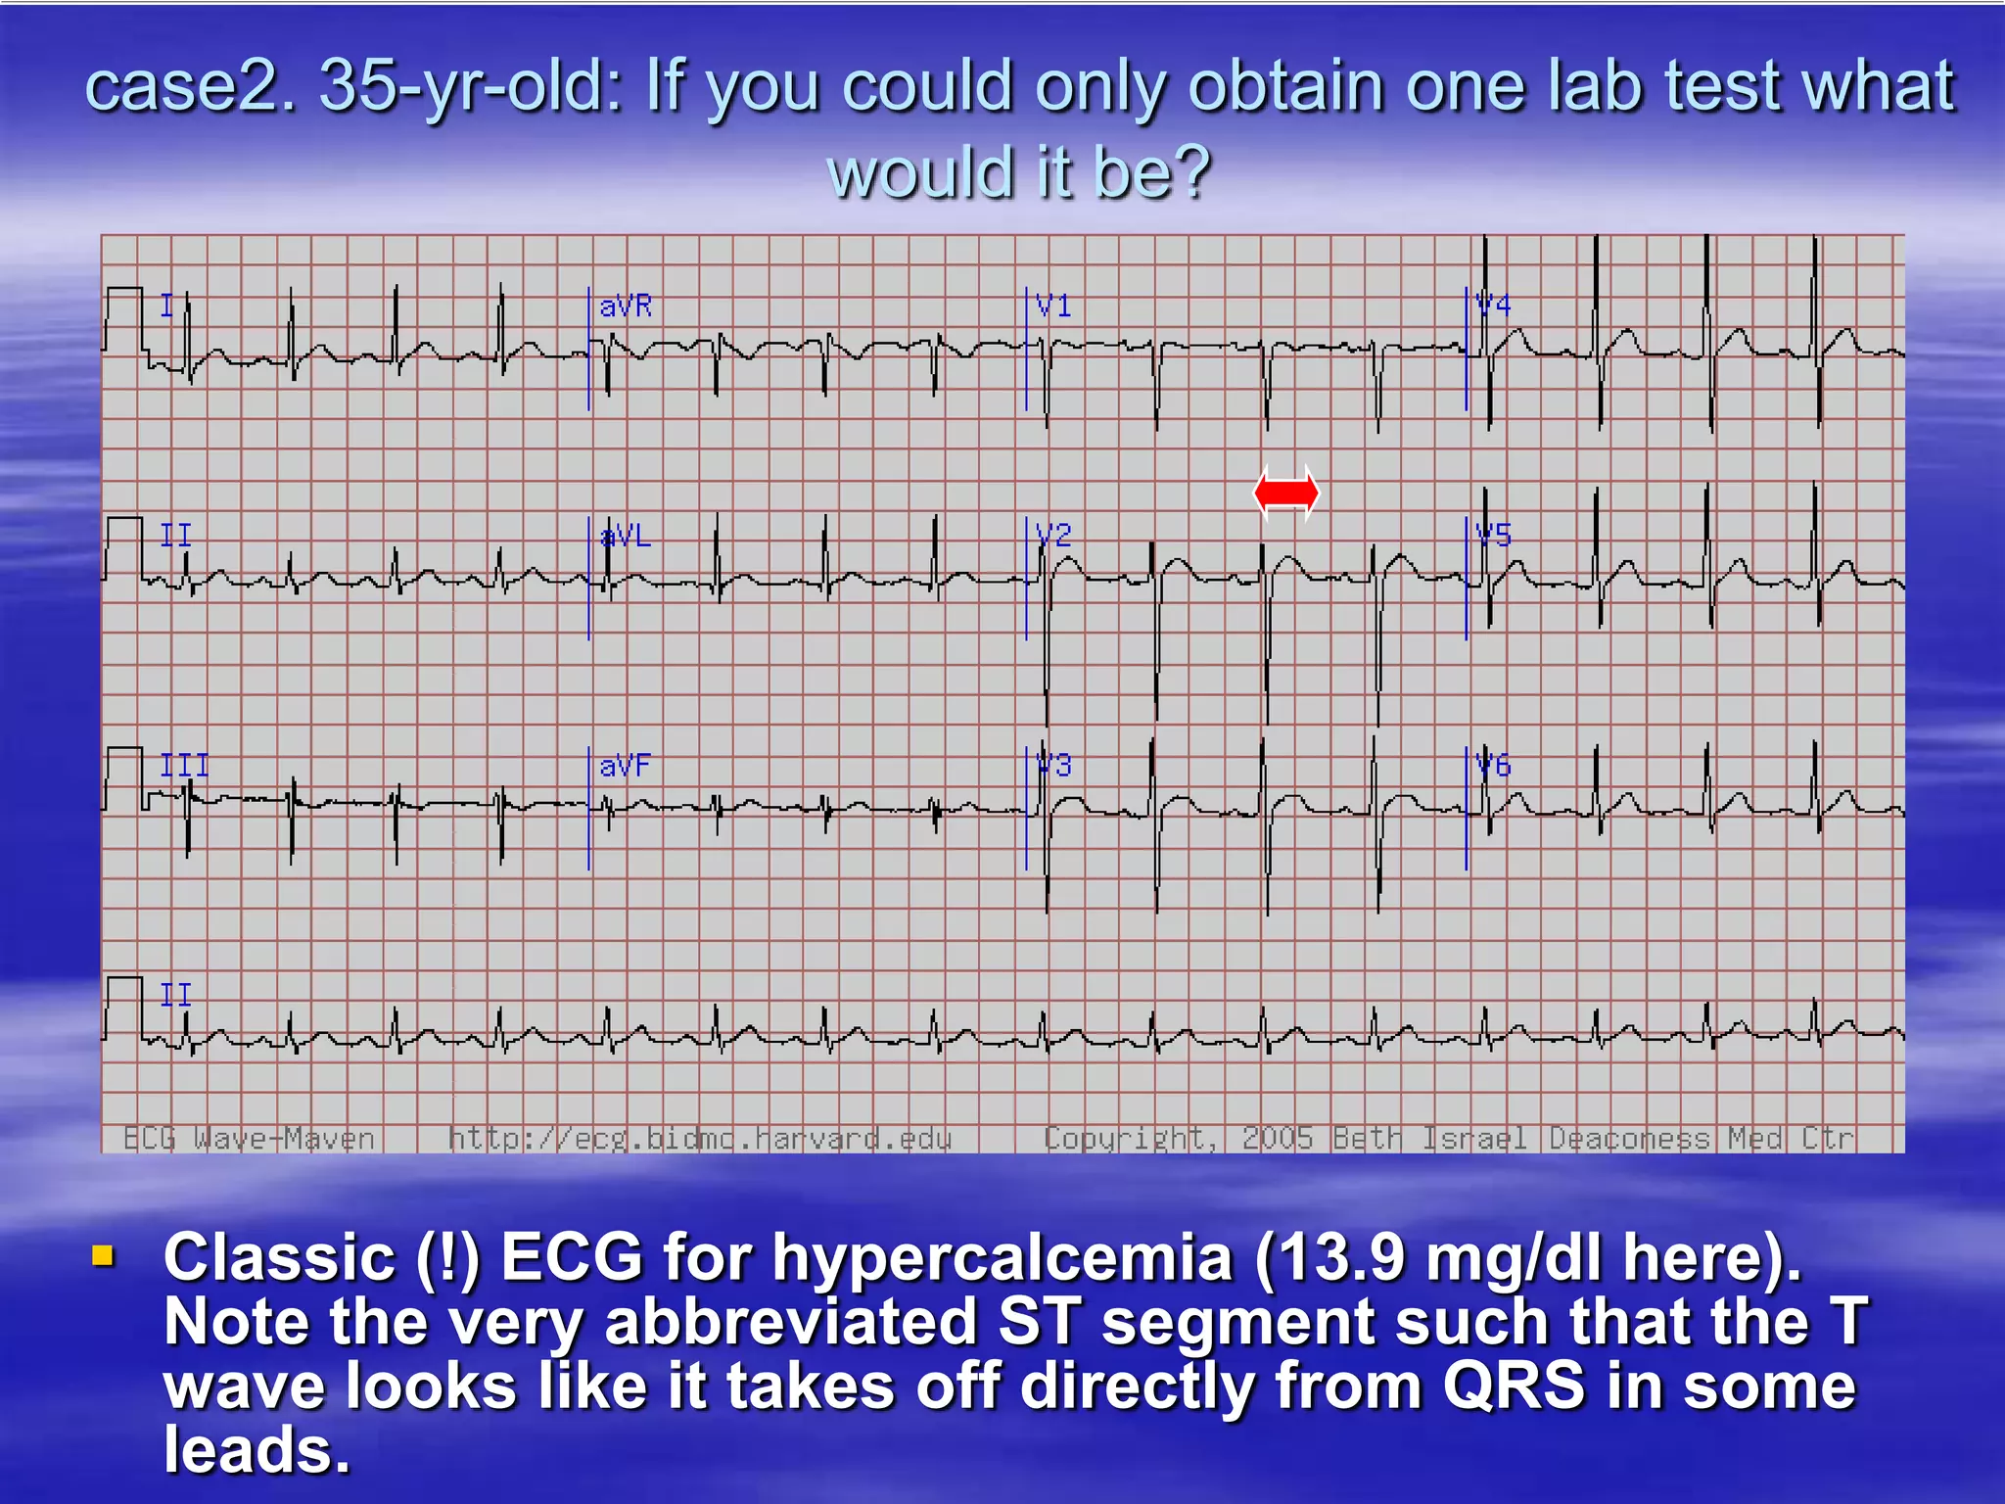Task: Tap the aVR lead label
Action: (626, 306)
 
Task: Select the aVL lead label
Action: (626, 536)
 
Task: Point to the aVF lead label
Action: (625, 765)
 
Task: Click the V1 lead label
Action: (1053, 306)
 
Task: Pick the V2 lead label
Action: (1053, 536)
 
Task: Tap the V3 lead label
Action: (1053, 765)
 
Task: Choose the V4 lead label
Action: (1493, 305)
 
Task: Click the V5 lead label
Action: (1493, 536)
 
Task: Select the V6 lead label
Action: (1493, 765)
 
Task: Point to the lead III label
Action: (184, 765)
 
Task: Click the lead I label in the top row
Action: (166, 306)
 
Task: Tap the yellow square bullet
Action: (103, 1255)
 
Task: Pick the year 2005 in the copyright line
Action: (1277, 1139)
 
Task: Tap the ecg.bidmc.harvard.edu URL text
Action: (700, 1139)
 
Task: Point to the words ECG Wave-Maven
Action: (249, 1139)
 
